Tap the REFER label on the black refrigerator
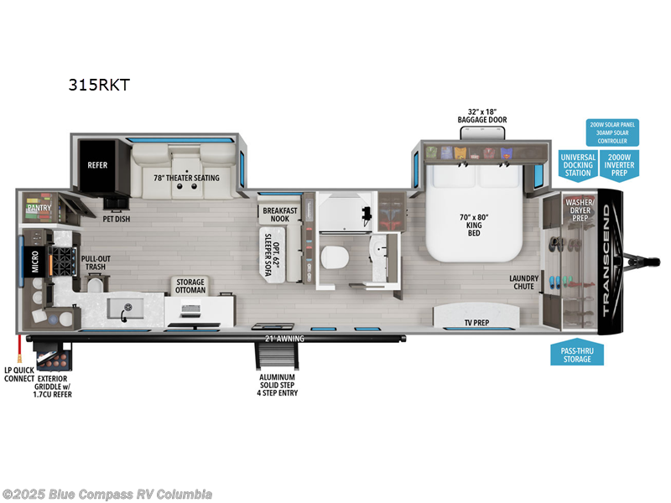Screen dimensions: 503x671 97,165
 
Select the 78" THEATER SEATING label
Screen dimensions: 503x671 186,178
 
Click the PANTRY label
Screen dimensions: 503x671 39,206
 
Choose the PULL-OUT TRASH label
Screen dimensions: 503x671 93,263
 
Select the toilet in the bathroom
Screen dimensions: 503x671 336,257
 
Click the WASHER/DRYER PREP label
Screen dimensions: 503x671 580,209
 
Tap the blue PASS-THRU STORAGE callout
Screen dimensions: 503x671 576,355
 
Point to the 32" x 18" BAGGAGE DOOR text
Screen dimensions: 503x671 482,115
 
